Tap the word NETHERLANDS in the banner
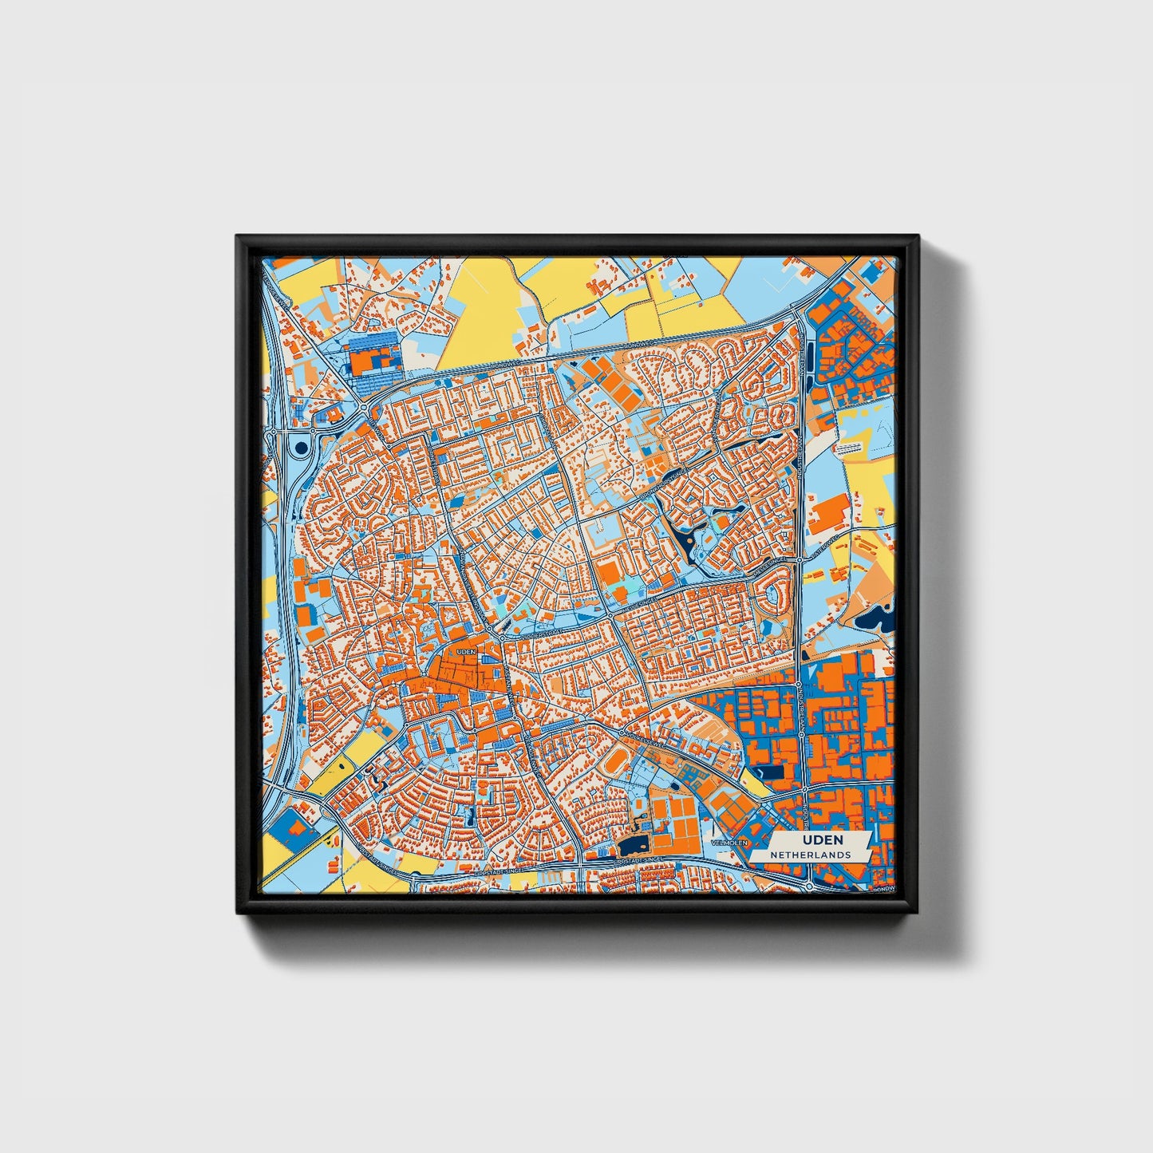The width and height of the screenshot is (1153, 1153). (x=810, y=855)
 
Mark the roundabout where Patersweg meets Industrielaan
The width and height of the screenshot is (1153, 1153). (x=800, y=560)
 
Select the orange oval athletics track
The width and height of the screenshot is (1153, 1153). (x=614, y=764)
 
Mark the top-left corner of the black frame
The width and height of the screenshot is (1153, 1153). (x=238, y=237)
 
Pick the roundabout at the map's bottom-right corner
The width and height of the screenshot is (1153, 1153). (x=809, y=886)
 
